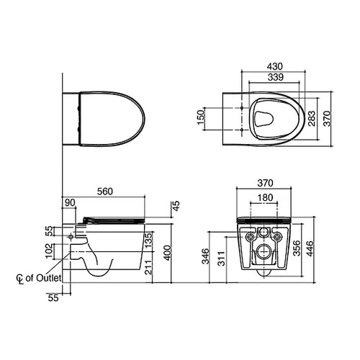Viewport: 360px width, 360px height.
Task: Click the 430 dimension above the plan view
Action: [275, 66]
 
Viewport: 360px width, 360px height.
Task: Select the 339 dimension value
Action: [276, 77]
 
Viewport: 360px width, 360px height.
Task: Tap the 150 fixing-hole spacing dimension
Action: [201, 117]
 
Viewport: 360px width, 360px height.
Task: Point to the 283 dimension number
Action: [312, 118]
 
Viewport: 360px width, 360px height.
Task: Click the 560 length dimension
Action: [105, 192]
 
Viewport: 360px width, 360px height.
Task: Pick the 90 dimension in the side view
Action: [70, 203]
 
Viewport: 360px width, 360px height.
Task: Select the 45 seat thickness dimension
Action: [176, 206]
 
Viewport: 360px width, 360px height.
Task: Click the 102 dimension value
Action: [49, 251]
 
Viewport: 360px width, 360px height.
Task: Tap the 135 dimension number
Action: [149, 240]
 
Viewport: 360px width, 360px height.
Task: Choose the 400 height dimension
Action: [168, 253]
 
